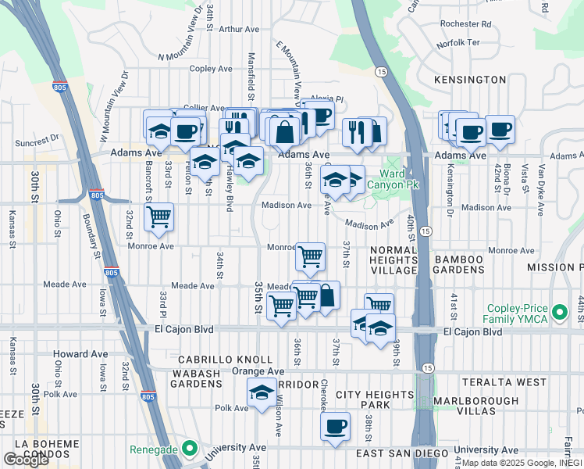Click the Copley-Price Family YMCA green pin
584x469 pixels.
[559, 313]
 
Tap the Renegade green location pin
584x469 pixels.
[188, 449]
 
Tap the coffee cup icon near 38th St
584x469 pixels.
[336, 427]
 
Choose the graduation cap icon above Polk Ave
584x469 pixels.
[262, 392]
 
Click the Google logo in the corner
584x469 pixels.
[26, 460]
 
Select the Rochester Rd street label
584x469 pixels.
[465, 24]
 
